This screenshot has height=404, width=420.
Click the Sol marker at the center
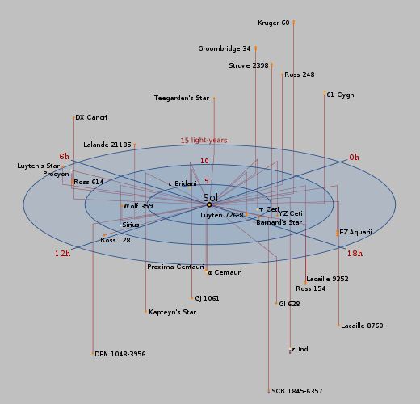point(209,204)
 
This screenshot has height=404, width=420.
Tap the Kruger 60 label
point(274,23)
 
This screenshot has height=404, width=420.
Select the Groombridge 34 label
point(225,48)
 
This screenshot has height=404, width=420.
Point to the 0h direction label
point(354,158)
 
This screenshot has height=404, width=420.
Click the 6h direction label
point(65,156)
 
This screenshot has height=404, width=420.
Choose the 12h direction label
point(62,254)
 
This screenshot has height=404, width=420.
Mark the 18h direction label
point(355,253)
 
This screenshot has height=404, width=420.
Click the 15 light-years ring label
point(204,141)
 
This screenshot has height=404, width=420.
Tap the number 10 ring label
point(204,161)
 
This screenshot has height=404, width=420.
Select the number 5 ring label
point(207,181)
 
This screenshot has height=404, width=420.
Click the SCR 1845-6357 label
point(297,391)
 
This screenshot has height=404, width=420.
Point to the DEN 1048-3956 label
point(120,354)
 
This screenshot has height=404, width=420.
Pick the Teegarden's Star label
point(182,98)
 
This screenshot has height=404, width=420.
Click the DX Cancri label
point(91,117)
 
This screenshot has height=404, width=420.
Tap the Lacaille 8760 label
point(362,326)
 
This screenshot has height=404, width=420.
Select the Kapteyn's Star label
point(172,312)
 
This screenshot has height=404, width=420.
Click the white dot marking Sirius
point(120,225)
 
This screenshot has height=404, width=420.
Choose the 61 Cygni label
point(341,95)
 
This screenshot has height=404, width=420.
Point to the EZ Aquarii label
point(355,232)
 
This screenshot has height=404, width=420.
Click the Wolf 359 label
point(138,206)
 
